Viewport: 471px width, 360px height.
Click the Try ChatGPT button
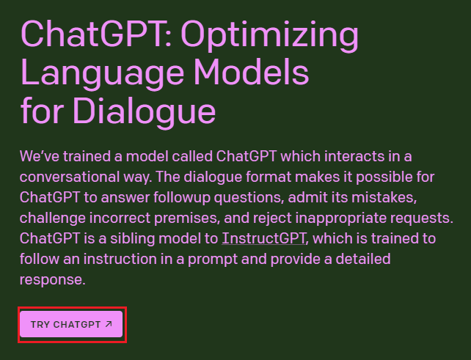(x=71, y=324)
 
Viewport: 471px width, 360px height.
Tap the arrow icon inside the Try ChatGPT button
(x=109, y=323)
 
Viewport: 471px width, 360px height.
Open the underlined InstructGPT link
(x=263, y=238)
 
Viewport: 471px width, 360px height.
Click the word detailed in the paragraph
(x=364, y=259)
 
